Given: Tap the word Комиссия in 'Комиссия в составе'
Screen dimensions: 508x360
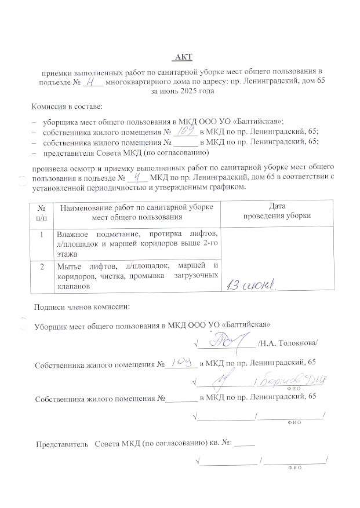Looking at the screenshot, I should pos(49,108).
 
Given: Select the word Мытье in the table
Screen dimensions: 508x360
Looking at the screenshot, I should pos(68,266).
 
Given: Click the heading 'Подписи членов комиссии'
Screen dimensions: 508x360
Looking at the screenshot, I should pos(82,306).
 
